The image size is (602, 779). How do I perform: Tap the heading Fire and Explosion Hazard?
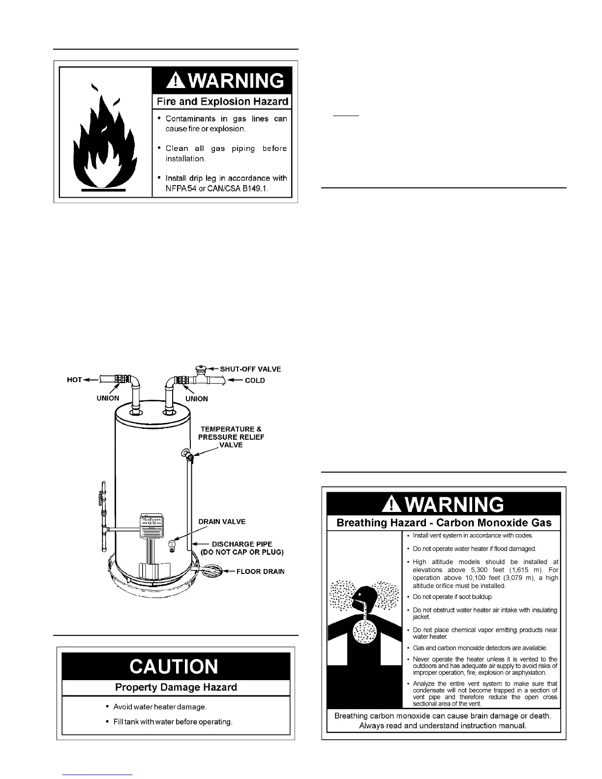(x=222, y=102)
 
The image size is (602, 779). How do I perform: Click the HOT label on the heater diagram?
(x=74, y=380)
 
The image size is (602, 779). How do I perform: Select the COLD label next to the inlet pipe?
(x=255, y=380)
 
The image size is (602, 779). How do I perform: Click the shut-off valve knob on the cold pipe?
(x=201, y=368)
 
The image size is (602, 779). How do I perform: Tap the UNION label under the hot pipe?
(x=108, y=398)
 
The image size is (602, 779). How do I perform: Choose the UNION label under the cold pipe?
(x=196, y=399)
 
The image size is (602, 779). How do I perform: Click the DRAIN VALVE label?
(x=222, y=522)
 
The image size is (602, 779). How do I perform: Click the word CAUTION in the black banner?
(x=174, y=667)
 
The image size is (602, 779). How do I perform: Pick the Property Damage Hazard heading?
(x=176, y=688)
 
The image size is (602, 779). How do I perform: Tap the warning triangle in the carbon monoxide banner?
(x=391, y=505)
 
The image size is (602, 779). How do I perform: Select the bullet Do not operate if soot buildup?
(x=449, y=597)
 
